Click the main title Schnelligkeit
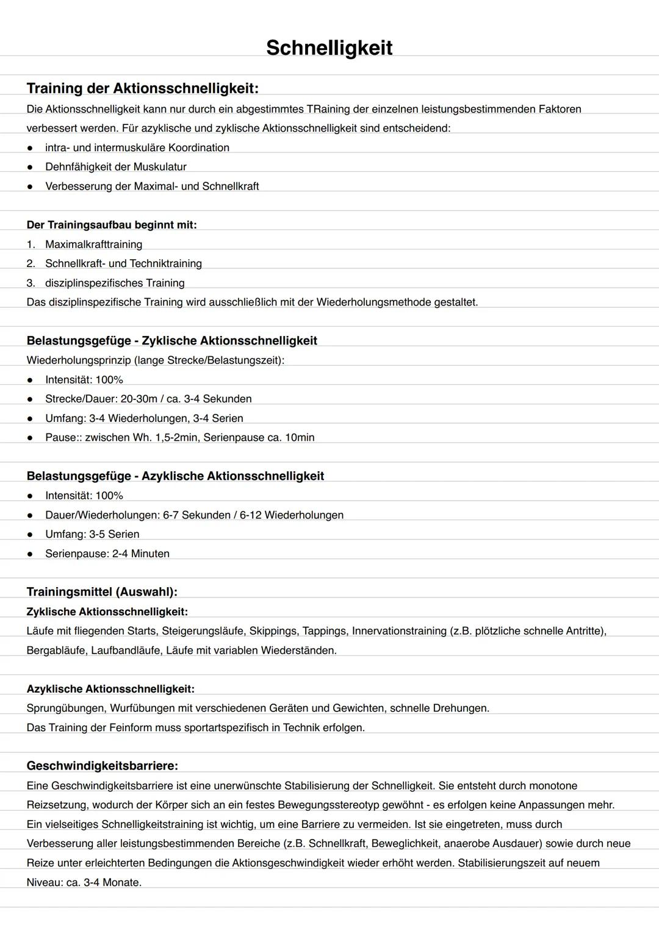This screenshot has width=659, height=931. [329, 48]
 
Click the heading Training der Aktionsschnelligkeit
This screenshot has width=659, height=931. [142, 88]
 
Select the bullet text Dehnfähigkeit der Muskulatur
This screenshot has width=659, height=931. [115, 167]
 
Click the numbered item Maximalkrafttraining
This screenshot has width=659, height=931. [93, 244]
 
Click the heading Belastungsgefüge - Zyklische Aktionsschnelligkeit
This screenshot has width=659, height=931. [171, 341]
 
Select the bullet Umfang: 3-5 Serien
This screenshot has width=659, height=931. [92, 535]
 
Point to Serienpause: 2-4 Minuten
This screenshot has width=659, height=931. [107, 554]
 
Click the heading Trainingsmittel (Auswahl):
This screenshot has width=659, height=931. [102, 592]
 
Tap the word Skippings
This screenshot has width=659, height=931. [273, 631]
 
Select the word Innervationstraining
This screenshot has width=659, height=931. [399, 631]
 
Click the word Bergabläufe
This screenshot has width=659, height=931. [56, 651]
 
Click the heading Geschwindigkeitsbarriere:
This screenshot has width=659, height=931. [102, 766]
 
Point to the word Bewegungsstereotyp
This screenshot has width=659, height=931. [328, 805]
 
